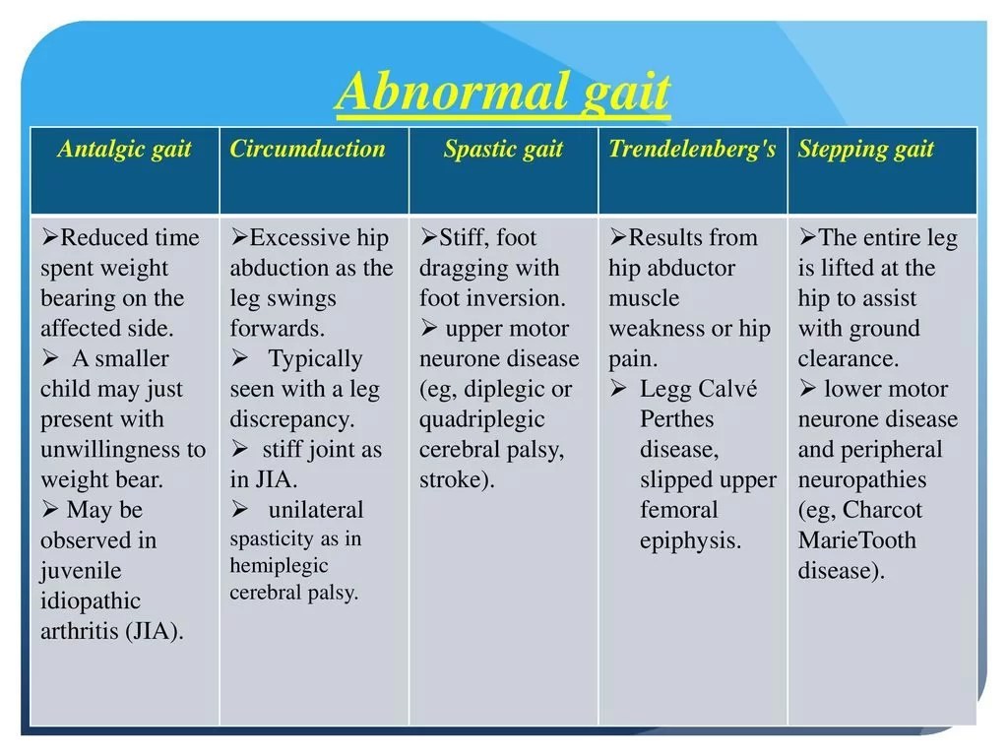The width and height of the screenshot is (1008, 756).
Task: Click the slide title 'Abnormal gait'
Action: [x=503, y=94]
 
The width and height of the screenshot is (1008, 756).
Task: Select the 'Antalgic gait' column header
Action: [x=124, y=150]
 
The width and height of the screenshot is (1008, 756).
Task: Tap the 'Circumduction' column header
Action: [x=307, y=150]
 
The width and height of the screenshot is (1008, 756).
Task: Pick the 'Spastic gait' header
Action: [x=503, y=150]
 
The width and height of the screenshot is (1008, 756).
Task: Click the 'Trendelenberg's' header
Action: [x=692, y=150]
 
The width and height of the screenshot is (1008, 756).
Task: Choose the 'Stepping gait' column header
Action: [x=865, y=150]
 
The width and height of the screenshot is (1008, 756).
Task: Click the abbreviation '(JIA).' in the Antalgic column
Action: [x=155, y=632]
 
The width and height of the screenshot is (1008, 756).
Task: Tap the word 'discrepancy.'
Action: [x=291, y=419]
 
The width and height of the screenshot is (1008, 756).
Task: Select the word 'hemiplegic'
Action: [x=279, y=566]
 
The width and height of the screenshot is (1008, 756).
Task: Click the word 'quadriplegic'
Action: [x=481, y=419]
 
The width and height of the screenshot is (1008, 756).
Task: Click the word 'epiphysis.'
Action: [x=690, y=540]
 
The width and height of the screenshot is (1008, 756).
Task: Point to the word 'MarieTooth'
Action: [x=856, y=540]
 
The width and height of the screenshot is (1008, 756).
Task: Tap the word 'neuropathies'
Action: [x=861, y=480]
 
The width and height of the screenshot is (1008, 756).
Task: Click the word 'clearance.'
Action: [x=849, y=359]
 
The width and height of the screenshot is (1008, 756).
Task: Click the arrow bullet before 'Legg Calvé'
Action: [x=618, y=389]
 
